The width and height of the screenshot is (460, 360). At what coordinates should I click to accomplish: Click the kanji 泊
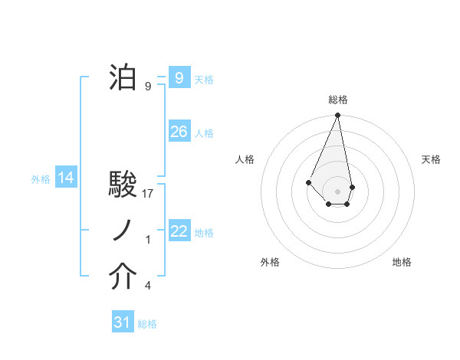[123, 77]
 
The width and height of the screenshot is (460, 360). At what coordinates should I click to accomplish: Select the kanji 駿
[123, 185]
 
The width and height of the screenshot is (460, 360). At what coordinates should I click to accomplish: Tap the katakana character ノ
[123, 231]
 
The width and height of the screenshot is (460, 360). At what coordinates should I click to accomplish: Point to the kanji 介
[123, 278]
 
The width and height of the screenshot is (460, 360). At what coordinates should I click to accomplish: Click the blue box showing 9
[179, 77]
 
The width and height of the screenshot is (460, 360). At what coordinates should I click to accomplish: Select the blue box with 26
[179, 132]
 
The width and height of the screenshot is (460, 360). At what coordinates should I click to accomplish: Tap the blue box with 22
[179, 231]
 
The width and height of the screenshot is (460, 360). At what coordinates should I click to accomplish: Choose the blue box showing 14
[66, 178]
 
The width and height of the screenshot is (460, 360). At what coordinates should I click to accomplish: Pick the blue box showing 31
[122, 322]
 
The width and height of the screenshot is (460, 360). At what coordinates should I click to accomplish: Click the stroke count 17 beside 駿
[149, 194]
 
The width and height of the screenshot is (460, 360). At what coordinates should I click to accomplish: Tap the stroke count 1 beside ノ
[148, 240]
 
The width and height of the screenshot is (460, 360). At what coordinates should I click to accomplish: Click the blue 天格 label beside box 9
[204, 79]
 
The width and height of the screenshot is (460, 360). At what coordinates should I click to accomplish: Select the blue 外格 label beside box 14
[41, 179]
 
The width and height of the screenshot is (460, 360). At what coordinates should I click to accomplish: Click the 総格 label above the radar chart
[338, 100]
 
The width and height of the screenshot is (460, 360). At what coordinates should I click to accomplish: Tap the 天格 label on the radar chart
[432, 159]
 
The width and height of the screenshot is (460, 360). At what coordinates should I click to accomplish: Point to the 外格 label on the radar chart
[270, 262]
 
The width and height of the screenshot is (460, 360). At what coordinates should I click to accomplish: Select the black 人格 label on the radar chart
[245, 159]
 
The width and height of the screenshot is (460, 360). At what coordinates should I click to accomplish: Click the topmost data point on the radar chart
[337, 116]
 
